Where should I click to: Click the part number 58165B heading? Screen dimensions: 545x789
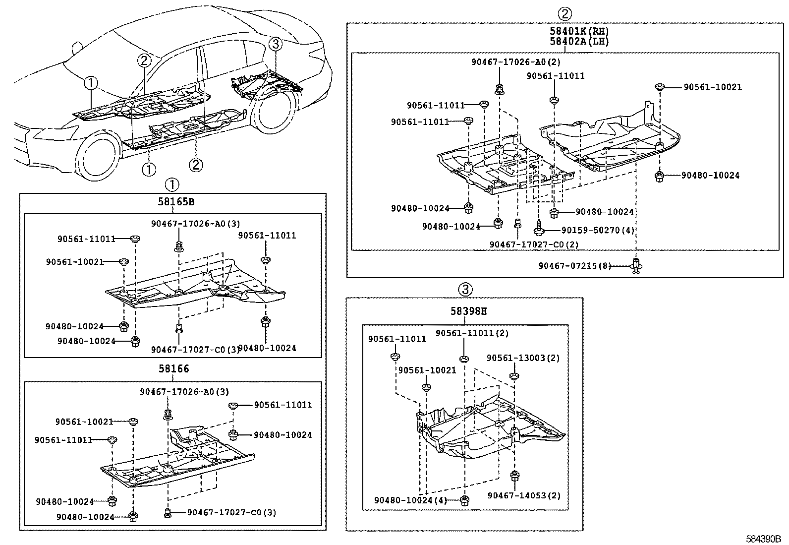tap(176, 202)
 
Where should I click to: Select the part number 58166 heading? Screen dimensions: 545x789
tap(173, 369)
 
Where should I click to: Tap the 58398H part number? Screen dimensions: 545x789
tap(468, 311)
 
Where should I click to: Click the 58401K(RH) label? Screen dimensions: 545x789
tap(579, 31)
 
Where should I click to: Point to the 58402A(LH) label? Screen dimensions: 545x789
tap(579, 42)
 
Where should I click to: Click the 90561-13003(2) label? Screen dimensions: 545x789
tap(523, 358)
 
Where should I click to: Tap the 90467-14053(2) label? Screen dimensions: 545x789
tap(524, 495)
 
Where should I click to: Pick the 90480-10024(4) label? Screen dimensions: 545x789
tap(410, 500)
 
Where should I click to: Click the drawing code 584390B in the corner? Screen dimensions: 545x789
tap(764, 539)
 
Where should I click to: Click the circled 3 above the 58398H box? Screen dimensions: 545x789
tap(464, 289)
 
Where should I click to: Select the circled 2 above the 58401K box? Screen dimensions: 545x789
tap(565, 13)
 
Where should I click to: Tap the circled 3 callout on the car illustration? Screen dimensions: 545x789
tap(276, 44)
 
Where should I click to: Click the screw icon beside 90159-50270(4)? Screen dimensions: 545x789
tap(540, 230)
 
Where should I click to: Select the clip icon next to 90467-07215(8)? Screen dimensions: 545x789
tap(636, 265)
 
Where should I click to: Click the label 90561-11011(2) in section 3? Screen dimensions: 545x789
tap(472, 334)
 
